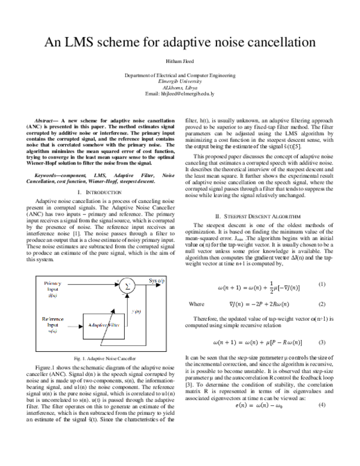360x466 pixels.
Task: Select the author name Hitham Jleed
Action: click(x=180, y=62)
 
